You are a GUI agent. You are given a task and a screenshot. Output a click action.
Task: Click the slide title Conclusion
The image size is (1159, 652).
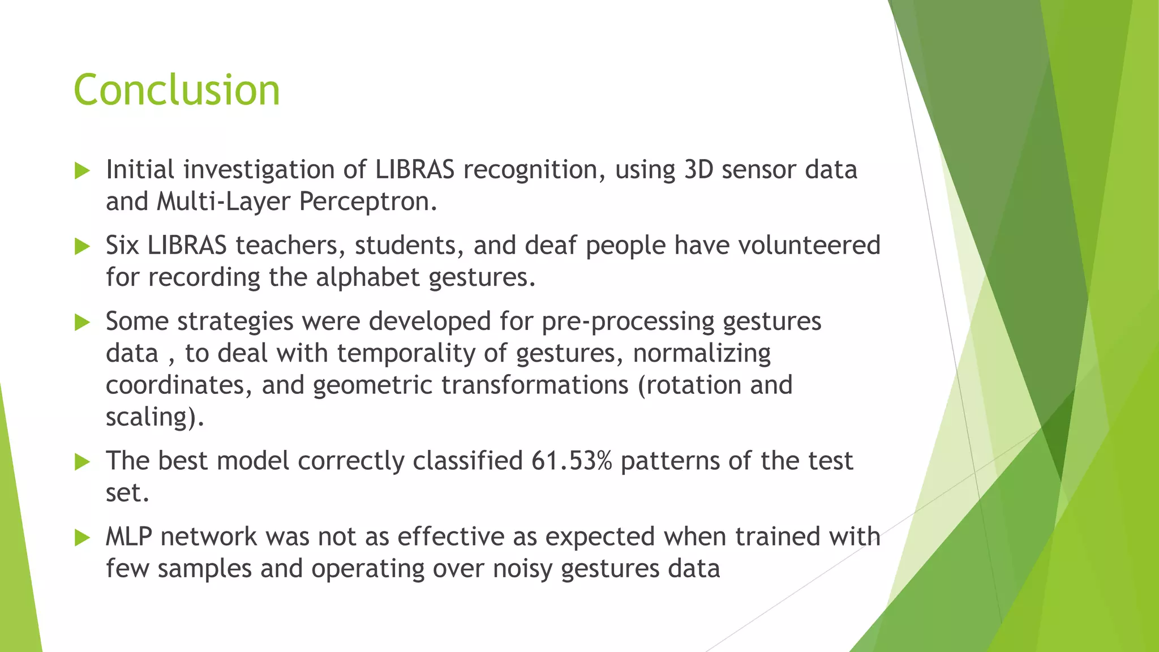177,90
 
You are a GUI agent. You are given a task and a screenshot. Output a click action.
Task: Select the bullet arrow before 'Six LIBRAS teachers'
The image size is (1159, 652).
83,246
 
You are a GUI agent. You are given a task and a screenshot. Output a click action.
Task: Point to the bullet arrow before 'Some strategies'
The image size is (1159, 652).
83,323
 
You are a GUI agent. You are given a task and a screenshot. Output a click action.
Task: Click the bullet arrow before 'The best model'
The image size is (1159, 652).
83,462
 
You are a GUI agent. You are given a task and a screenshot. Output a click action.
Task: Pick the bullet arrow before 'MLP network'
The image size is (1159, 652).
83,538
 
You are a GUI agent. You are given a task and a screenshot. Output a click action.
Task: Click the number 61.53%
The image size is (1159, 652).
572,461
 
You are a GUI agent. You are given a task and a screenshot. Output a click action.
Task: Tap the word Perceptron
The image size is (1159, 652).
367,202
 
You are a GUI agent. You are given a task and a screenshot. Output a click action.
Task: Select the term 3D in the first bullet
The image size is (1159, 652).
698,170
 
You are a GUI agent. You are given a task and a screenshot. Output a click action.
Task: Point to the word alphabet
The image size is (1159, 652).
367,277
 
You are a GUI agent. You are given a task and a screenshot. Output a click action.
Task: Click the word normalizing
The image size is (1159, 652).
702,353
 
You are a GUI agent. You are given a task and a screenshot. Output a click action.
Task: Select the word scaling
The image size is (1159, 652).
151,417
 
